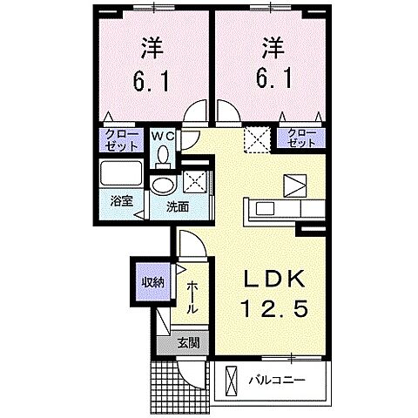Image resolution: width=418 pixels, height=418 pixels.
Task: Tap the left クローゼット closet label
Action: (116, 139)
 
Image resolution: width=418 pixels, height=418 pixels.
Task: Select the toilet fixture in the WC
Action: (163, 156)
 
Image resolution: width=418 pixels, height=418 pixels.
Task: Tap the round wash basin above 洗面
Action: (161, 188)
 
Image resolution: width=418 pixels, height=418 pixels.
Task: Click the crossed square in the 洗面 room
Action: (194, 184)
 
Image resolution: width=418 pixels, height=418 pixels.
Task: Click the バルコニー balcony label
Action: (280, 380)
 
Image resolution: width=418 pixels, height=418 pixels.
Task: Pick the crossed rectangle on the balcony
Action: (230, 381)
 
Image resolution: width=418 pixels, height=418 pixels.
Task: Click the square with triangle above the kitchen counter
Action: (294, 184)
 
